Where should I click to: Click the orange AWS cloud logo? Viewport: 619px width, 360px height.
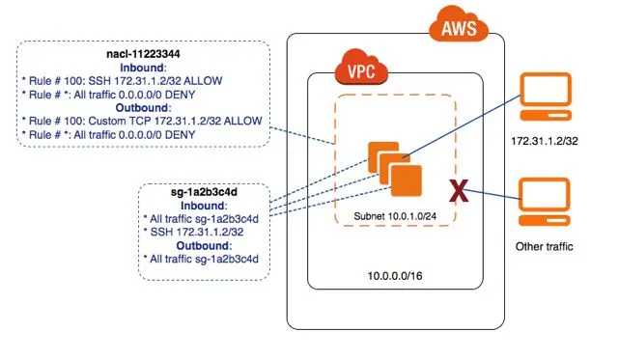click(x=459, y=24)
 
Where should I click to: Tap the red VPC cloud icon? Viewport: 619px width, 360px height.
click(x=361, y=67)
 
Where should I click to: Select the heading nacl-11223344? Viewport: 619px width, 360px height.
click(x=143, y=54)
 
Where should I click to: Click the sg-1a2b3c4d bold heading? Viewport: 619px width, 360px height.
click(x=204, y=192)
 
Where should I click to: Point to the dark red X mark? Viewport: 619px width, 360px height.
click(x=459, y=191)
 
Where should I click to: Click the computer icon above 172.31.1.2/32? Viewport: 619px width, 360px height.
click(x=546, y=97)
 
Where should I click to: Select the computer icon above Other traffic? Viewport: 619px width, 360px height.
click(x=545, y=202)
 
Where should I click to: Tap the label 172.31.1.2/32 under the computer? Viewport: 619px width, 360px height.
click(x=545, y=141)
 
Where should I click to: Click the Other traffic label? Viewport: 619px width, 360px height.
click(x=544, y=247)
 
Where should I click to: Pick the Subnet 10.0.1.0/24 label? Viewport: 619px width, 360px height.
click(x=395, y=216)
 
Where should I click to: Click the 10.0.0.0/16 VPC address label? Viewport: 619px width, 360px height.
click(x=395, y=276)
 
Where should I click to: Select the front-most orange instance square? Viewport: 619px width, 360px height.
click(x=407, y=181)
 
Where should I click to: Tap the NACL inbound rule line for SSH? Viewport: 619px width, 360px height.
click(x=122, y=81)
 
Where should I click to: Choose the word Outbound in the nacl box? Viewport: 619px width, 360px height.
click(x=142, y=108)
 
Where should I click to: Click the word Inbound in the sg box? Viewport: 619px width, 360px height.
click(x=203, y=206)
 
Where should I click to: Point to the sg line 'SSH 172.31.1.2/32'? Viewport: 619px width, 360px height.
click(x=193, y=232)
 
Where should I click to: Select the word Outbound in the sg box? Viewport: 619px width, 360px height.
click(x=203, y=245)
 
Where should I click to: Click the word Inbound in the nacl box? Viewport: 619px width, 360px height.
click(x=142, y=68)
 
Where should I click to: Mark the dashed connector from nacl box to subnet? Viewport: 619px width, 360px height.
click(x=302, y=135)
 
